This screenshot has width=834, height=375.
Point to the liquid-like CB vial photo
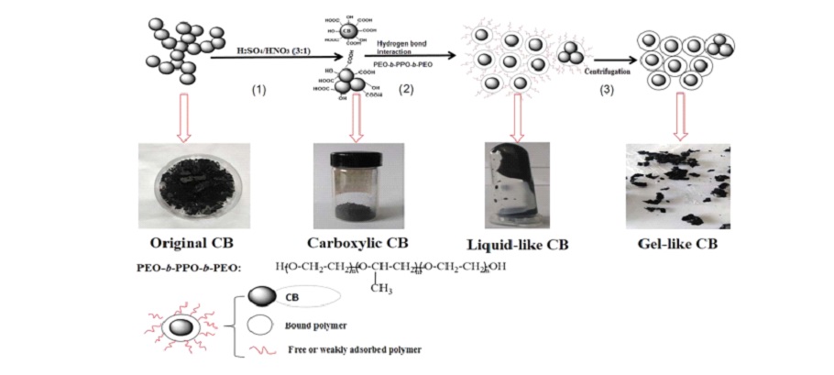[x=516, y=184]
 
